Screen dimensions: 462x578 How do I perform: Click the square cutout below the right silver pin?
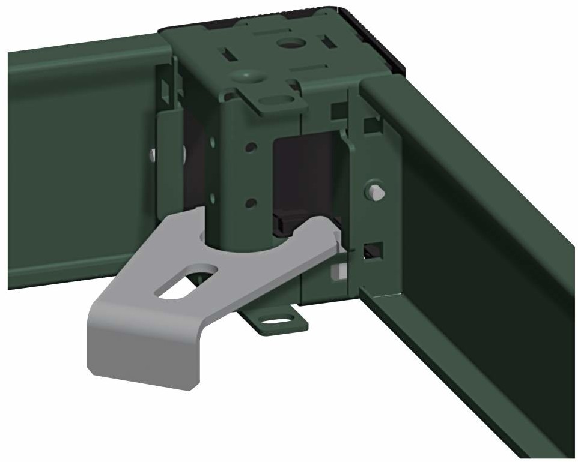tap(373, 250)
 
